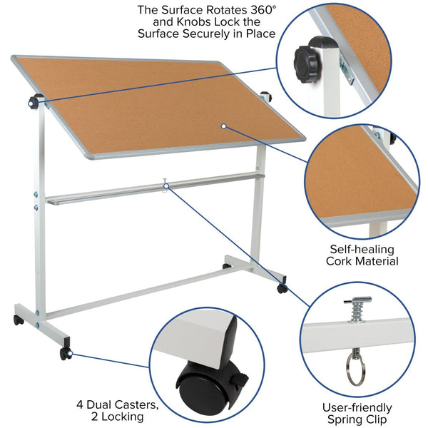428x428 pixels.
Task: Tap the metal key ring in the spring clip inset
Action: pyautogui.click(x=354, y=370)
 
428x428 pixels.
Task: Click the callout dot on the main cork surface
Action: pyautogui.click(x=223, y=126)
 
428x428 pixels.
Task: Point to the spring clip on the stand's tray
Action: pyautogui.click(x=165, y=185)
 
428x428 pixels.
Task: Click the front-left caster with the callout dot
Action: pyautogui.click(x=66, y=353)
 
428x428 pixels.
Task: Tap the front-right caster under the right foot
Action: pyautogui.click(x=282, y=288)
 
